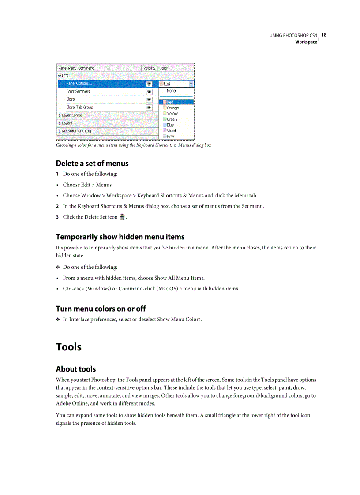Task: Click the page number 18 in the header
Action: click(324, 35)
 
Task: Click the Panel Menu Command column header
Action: click(76, 68)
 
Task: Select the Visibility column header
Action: click(150, 68)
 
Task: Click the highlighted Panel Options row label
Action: click(79, 83)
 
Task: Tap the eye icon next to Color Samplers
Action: click(149, 92)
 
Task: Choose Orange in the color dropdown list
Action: click(172, 108)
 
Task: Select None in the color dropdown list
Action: click(171, 91)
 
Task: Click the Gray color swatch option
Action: click(170, 136)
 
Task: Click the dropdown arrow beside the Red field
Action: click(191, 83)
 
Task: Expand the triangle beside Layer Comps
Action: click(60, 115)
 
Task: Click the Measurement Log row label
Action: click(76, 131)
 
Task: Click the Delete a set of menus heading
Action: click(92, 164)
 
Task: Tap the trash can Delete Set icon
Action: click(122, 217)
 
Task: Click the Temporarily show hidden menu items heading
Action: click(120, 237)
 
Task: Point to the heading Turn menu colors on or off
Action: click(101, 309)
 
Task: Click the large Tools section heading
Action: click(69, 347)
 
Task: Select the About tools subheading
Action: click(76, 369)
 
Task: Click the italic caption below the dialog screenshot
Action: click(133, 145)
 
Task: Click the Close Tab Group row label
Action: click(80, 107)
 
